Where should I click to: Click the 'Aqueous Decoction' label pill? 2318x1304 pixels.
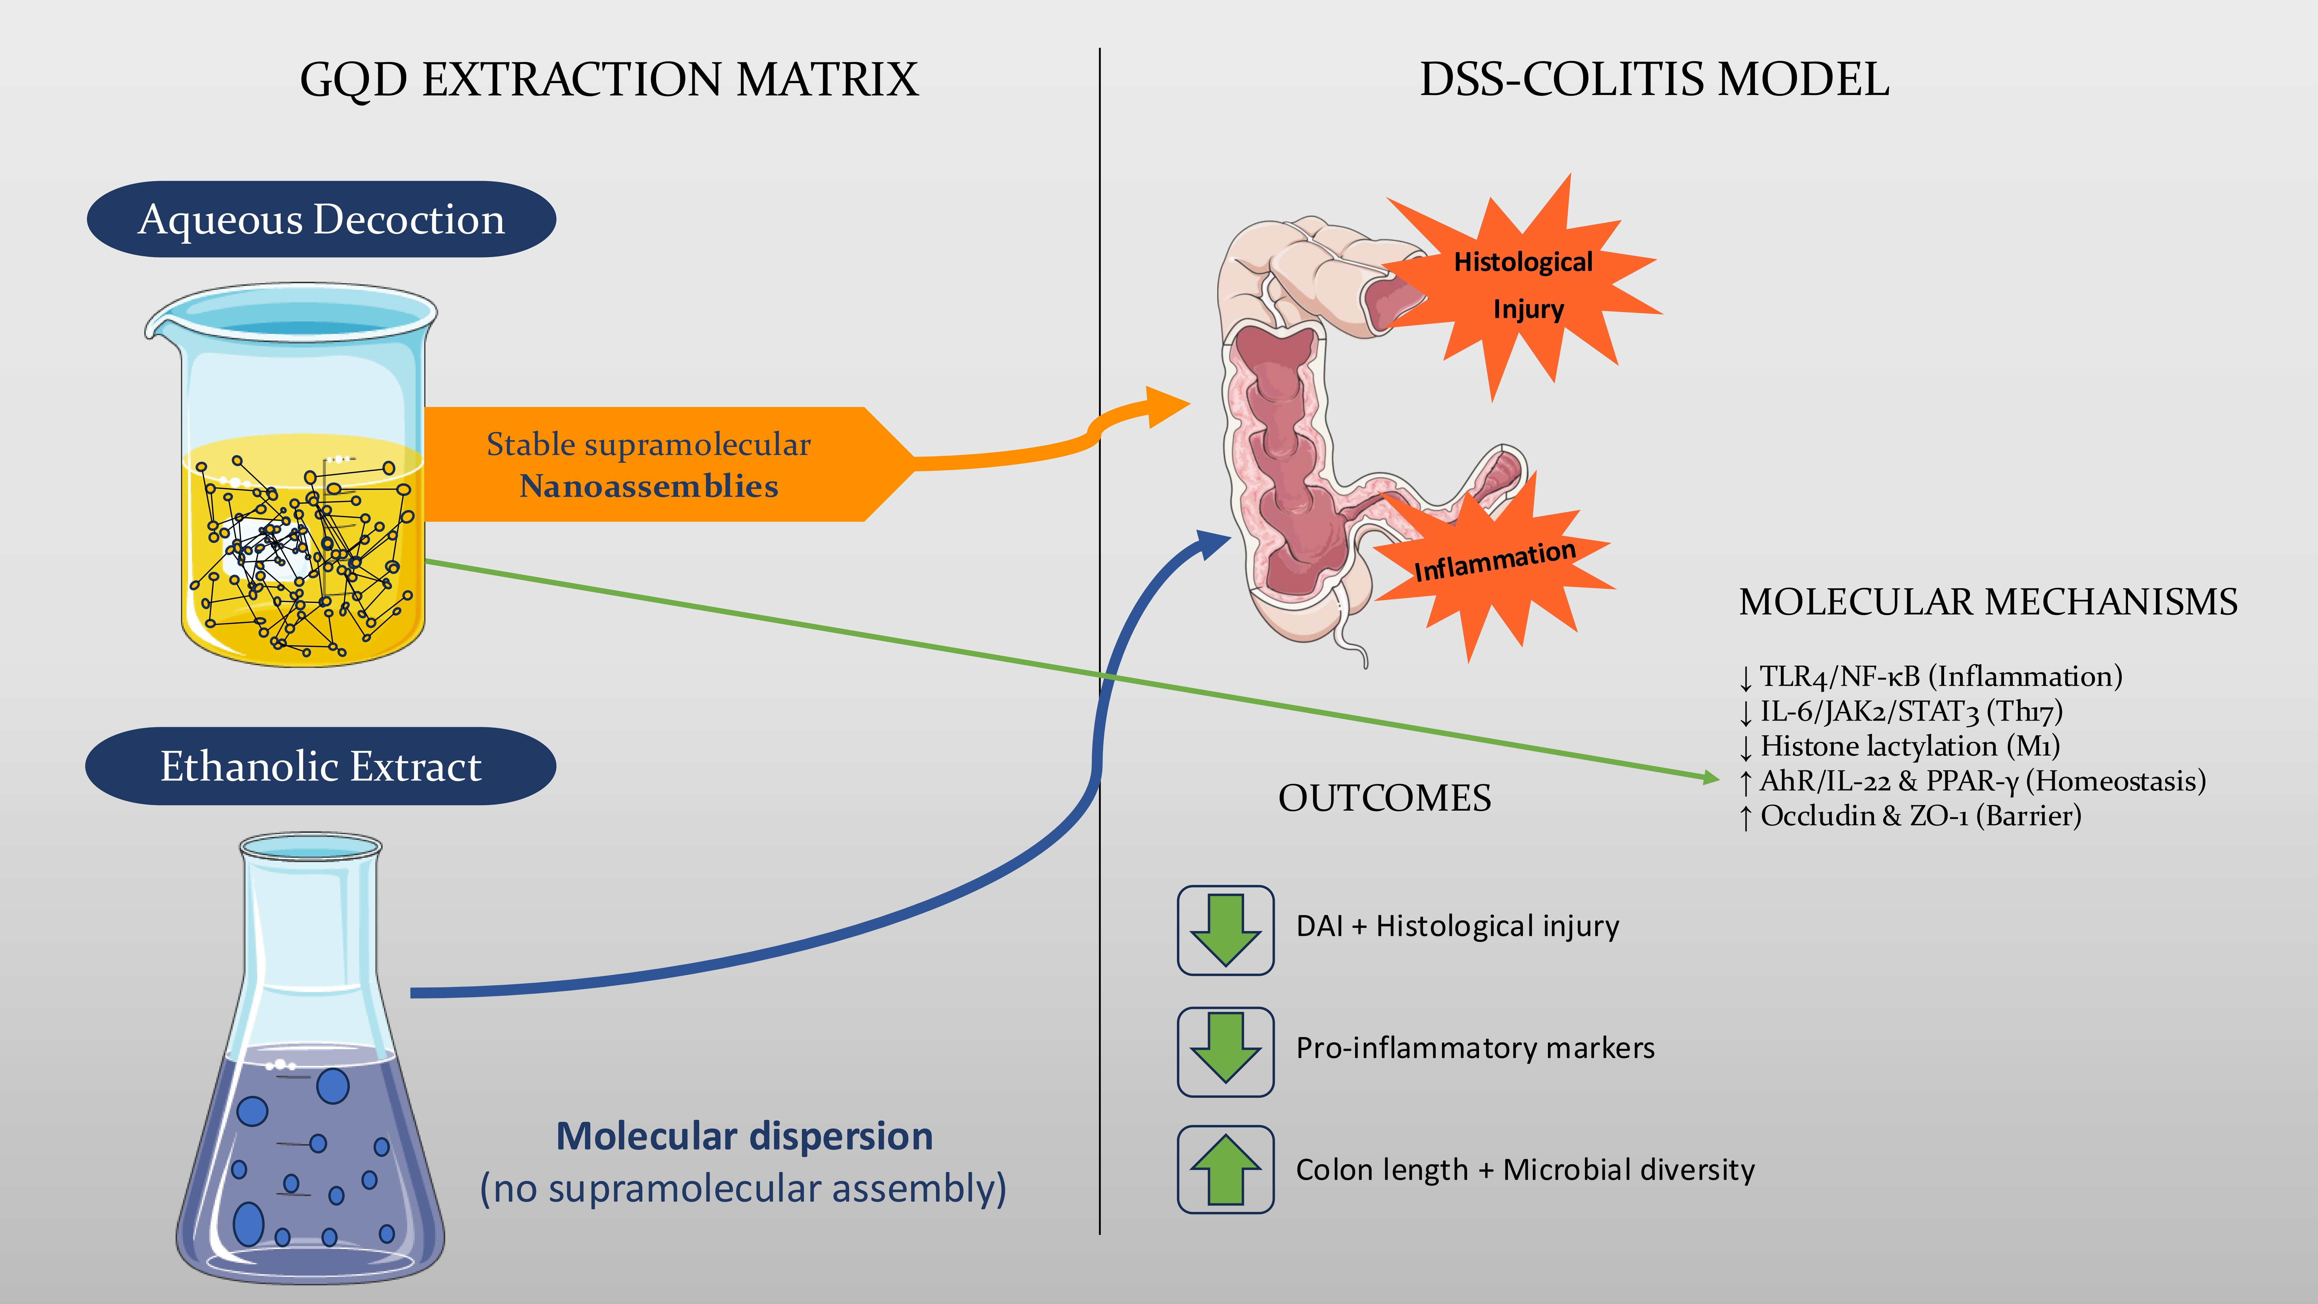tap(321, 220)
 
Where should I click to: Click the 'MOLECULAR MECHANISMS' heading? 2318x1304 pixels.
tap(1988, 602)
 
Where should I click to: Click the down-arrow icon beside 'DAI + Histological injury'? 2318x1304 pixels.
tap(1226, 930)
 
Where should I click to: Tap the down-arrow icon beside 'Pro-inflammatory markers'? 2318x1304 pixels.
tap(1226, 1051)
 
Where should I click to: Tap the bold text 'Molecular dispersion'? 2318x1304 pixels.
tap(744, 1137)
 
